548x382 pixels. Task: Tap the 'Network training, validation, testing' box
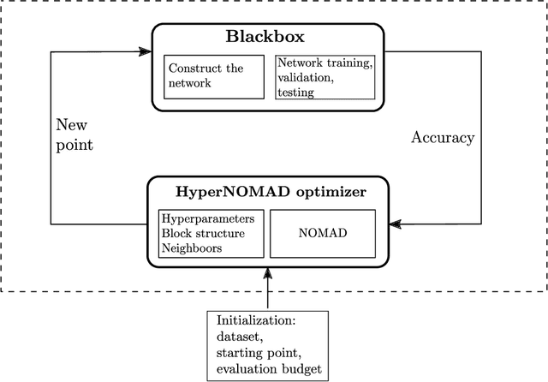[x=324, y=76]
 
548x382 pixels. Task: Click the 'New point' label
[x=74, y=134]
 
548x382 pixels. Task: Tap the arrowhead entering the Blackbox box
[x=146, y=53]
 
